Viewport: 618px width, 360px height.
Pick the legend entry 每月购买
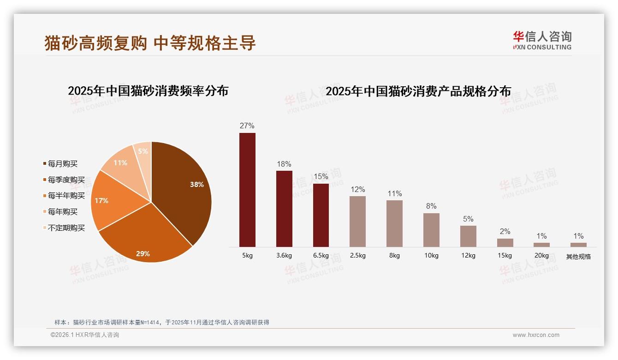63,164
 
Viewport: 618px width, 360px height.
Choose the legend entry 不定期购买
66,228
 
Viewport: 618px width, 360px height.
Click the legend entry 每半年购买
66,196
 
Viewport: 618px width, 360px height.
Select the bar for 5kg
247,190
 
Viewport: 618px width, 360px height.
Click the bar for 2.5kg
357,222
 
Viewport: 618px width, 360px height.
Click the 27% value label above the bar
247,126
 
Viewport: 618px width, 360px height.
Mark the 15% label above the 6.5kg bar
321,177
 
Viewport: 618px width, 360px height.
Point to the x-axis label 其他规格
578,257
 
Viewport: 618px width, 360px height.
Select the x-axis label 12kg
468,256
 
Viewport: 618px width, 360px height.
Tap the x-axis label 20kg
541,256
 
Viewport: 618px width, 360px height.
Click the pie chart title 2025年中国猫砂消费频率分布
148,91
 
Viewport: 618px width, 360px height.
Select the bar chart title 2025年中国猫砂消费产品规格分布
418,91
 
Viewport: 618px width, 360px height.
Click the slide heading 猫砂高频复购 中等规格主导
150,43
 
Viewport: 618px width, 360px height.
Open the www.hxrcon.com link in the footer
536,335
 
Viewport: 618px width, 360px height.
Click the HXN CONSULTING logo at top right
542,41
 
